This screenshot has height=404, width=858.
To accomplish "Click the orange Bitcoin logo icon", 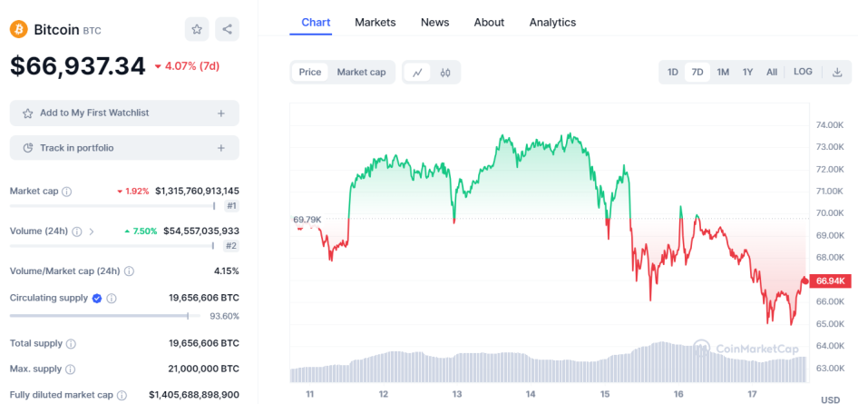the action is pyautogui.click(x=19, y=30).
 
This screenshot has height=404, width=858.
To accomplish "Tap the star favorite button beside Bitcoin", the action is pyautogui.click(x=197, y=30).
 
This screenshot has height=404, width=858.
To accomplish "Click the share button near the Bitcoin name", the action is pyautogui.click(x=227, y=30).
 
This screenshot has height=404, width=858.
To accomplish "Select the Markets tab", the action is pyautogui.click(x=375, y=23).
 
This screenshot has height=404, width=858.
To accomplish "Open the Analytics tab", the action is pyautogui.click(x=552, y=23).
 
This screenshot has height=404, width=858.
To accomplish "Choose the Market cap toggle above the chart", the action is pyautogui.click(x=361, y=73).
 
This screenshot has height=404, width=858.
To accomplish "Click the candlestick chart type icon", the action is pyautogui.click(x=445, y=73).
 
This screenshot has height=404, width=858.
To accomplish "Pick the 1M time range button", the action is pyautogui.click(x=723, y=73).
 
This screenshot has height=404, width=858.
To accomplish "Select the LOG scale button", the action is pyautogui.click(x=803, y=72).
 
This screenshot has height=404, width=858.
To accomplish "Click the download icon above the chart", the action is pyautogui.click(x=837, y=73).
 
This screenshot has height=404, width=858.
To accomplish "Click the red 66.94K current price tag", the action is pyautogui.click(x=831, y=281).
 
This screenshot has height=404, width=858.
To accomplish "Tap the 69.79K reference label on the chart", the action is pyautogui.click(x=307, y=220).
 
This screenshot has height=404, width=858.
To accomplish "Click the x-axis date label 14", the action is pyautogui.click(x=531, y=394).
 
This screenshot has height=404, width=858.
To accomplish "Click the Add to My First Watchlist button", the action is pyautogui.click(x=124, y=113).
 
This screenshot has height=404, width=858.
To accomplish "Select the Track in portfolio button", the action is pyautogui.click(x=124, y=148).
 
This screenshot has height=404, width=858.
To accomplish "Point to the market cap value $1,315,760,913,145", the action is pyautogui.click(x=197, y=191).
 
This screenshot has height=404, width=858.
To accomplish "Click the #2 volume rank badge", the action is pyautogui.click(x=231, y=246).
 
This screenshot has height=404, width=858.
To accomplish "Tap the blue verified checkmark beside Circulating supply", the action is pyautogui.click(x=97, y=299).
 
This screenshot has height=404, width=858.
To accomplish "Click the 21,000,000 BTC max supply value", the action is pyautogui.click(x=203, y=369).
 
